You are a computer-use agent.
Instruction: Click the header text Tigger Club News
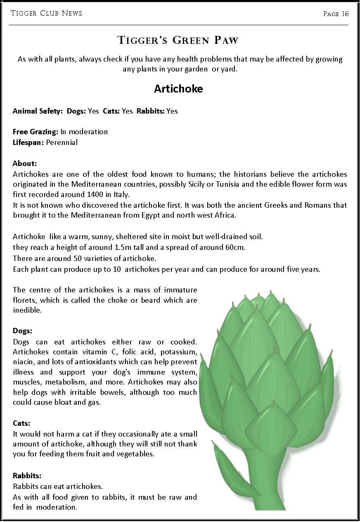(46, 14)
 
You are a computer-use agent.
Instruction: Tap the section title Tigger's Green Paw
(178, 40)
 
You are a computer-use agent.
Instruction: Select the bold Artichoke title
(178, 89)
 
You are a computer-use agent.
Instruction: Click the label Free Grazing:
(36, 132)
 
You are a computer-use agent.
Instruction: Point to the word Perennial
(62, 142)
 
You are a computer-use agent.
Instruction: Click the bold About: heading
(25, 164)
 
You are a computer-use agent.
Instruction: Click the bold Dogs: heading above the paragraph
(22, 331)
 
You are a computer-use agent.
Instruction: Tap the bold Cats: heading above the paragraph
(21, 423)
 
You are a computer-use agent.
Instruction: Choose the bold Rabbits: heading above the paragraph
(27, 476)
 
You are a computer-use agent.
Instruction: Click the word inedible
(27, 310)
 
